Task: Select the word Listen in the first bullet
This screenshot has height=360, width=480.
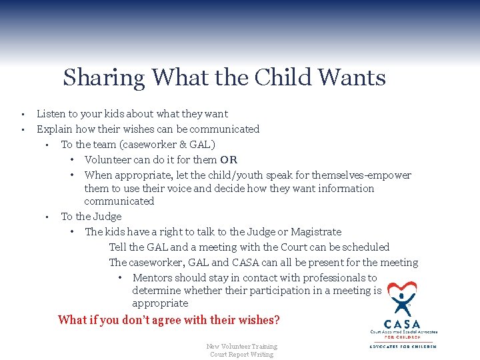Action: [x=51, y=114]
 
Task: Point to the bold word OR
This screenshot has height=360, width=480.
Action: [x=229, y=160]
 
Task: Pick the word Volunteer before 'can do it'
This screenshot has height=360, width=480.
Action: [x=111, y=160]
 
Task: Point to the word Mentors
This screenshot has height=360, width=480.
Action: [x=154, y=278]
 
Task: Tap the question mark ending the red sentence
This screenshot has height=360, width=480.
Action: [x=277, y=320]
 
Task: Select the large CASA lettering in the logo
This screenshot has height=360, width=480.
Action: [x=403, y=325]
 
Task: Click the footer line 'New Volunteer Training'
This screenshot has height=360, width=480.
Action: [x=241, y=346]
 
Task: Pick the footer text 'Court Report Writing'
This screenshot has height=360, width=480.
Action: [x=241, y=355]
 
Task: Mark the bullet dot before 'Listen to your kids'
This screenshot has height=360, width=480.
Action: [x=22, y=114]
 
